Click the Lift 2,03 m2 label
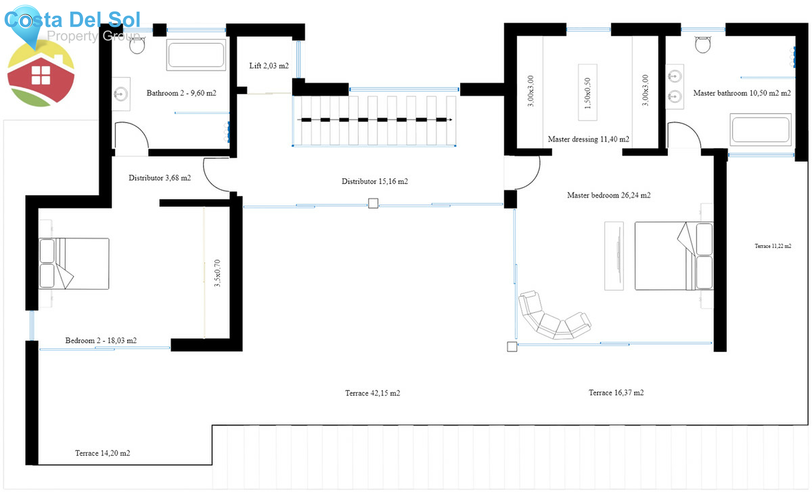coord(269,66)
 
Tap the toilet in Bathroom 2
coord(137,45)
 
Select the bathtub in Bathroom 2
coord(196,55)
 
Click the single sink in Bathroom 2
coord(121,94)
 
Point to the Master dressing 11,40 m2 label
coord(588,139)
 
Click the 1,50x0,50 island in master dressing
coord(587,92)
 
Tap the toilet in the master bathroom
coord(702,44)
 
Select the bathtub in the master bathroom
coord(761,129)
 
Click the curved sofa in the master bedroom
coord(553,317)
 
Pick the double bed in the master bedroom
coord(673,256)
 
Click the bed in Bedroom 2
coord(74,264)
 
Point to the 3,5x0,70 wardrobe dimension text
coord(217,273)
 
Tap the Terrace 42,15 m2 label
coord(373,393)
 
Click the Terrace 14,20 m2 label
coord(102,453)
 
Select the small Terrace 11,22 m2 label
coord(773,246)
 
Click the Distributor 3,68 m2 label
coord(160,178)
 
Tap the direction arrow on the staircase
coord(449,119)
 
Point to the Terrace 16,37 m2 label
coord(616,393)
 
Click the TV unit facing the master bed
coord(614,256)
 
